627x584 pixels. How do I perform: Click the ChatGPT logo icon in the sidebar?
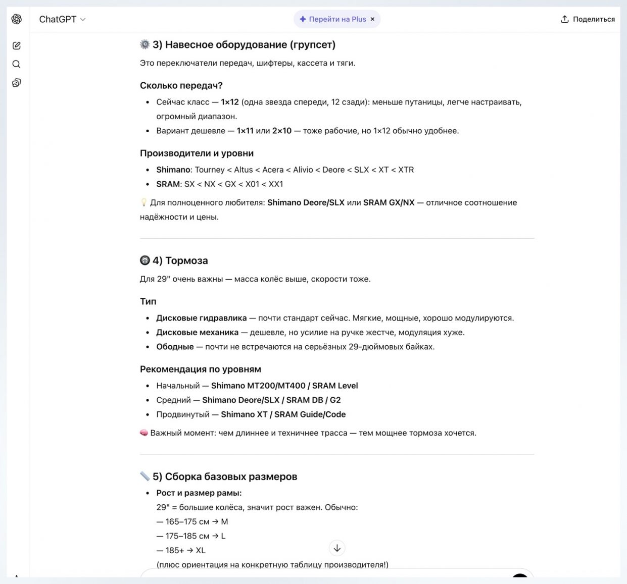(17, 19)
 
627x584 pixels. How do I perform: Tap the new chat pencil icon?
(17, 46)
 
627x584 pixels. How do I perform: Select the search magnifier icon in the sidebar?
(17, 64)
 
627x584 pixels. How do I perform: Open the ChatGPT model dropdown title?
(62, 19)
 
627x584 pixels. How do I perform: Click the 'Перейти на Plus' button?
(333, 19)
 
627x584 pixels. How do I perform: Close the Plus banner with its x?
(372, 19)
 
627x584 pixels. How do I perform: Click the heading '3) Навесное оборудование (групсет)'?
(244, 45)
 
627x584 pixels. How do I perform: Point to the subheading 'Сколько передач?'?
(181, 85)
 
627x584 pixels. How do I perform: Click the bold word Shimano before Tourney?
(173, 170)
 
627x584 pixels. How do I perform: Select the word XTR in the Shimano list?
(406, 170)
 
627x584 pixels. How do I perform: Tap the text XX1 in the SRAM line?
(275, 184)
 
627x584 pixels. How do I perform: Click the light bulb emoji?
(144, 202)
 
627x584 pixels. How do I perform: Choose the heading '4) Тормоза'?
(180, 260)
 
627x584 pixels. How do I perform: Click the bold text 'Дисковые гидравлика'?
(201, 318)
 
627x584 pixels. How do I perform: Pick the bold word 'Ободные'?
(175, 347)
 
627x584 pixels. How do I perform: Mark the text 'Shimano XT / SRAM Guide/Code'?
(283, 414)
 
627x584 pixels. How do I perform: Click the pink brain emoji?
(144, 433)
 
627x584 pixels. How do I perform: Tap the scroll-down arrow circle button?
(337, 548)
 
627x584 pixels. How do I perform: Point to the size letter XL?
(201, 550)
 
